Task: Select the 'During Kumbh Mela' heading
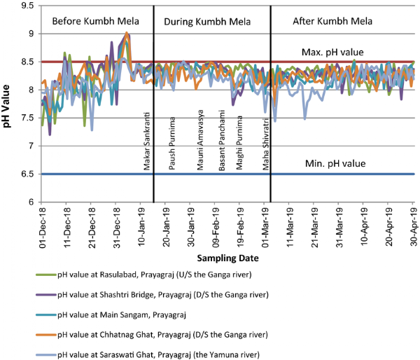pyautogui.click(x=202, y=22)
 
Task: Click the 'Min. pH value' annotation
pyautogui.click(x=335, y=162)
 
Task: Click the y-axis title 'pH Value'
pyautogui.click(x=9, y=104)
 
